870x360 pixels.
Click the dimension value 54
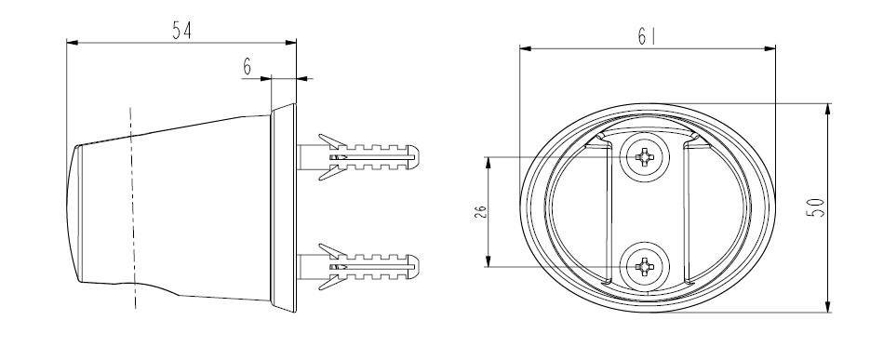click(181, 30)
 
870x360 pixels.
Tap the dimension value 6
click(247, 67)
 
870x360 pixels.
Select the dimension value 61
click(647, 36)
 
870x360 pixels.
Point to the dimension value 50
click(818, 207)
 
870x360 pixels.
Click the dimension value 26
click(481, 211)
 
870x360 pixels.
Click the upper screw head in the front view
click(644, 157)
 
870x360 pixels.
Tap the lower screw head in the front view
click(644, 267)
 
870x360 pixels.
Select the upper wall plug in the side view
click(358, 157)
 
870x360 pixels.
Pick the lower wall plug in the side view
click(358, 267)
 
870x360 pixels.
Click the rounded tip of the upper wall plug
click(414, 157)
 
